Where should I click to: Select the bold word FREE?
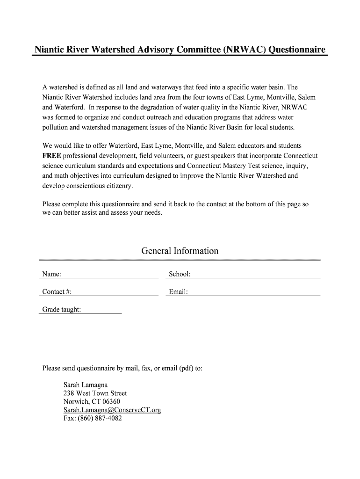coord(51,155)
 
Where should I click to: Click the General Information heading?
coord(180,251)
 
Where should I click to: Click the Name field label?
coord(51,274)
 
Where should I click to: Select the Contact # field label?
coord(57,292)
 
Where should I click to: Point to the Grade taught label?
coord(62,310)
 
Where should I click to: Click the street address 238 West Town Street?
coord(95,393)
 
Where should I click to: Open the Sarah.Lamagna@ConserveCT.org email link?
coord(112,410)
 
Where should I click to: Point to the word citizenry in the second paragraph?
coord(115,186)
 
